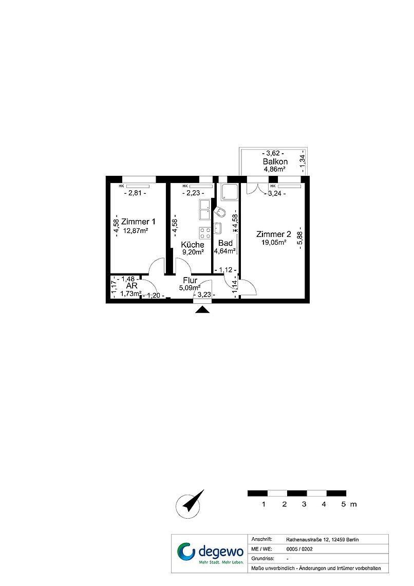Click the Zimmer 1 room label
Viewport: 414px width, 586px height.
pos(138,222)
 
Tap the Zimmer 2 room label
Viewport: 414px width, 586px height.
pos(273,234)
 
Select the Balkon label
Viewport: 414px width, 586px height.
pos(275,161)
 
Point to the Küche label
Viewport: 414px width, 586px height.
pos(193,245)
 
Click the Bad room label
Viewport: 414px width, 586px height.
pos(225,243)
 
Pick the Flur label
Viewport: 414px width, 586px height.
pos(190,280)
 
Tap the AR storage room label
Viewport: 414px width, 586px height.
pos(132,286)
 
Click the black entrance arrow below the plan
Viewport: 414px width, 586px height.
pos(202,309)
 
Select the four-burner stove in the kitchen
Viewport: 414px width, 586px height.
pos(205,233)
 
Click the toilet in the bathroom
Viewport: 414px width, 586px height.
pos(219,212)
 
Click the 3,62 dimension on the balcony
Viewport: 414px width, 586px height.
pos(273,153)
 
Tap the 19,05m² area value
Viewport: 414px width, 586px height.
pos(274,242)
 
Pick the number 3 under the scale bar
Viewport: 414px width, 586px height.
pos(304,504)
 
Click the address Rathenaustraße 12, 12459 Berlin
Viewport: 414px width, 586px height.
pos(323,540)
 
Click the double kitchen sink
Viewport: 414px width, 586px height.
pos(205,210)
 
